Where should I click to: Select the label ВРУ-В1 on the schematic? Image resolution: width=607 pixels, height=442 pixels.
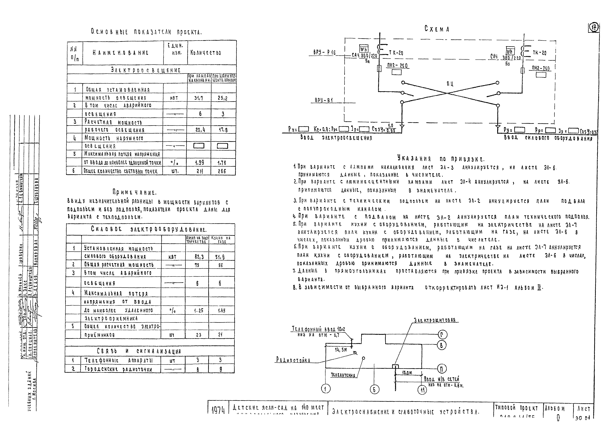[x=324, y=100]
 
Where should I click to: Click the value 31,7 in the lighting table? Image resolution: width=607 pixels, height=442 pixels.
[x=199, y=98]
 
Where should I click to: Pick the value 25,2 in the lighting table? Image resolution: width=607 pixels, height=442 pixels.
[x=223, y=98]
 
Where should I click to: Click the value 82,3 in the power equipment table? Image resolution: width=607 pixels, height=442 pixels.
[x=199, y=257]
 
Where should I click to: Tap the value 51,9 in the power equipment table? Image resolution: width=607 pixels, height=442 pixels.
[x=220, y=257]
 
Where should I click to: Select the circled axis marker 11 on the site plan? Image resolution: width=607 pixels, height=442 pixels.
[x=422, y=390]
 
